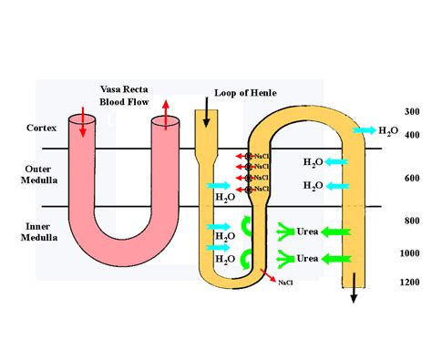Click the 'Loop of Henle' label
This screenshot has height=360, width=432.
click(244, 93)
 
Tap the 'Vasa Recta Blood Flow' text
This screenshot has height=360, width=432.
click(126, 94)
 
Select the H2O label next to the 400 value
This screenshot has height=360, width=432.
click(388, 132)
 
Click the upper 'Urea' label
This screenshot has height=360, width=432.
click(307, 232)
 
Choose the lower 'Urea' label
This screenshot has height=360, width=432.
click(307, 259)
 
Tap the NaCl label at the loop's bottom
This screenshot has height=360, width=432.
click(285, 283)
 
